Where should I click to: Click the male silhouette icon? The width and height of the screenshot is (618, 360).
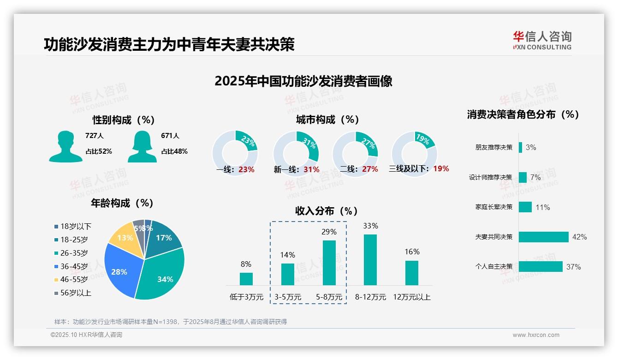point(65,146)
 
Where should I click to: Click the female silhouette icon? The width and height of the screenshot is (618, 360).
point(142,146)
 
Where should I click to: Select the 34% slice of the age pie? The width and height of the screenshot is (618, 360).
point(164,277)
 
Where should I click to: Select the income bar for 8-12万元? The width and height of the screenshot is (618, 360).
point(370,260)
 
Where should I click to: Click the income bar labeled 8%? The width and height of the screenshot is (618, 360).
point(246,279)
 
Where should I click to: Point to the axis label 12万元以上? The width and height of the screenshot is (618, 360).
point(411,297)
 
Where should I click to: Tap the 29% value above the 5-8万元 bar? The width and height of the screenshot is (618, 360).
point(329,232)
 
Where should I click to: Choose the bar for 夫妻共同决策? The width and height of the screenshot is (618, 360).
point(543,237)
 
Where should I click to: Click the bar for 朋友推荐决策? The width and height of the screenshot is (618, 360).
point(520,147)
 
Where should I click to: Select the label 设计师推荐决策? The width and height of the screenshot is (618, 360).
point(490,177)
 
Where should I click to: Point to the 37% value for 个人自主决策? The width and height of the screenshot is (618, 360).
point(574,267)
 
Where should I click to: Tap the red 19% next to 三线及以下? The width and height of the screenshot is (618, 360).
point(441,168)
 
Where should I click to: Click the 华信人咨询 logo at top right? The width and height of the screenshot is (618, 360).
point(542,40)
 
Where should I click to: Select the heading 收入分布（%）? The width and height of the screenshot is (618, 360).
point(327,211)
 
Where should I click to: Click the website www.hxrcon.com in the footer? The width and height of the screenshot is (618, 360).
point(535,335)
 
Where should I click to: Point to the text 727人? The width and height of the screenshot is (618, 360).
point(94,136)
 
